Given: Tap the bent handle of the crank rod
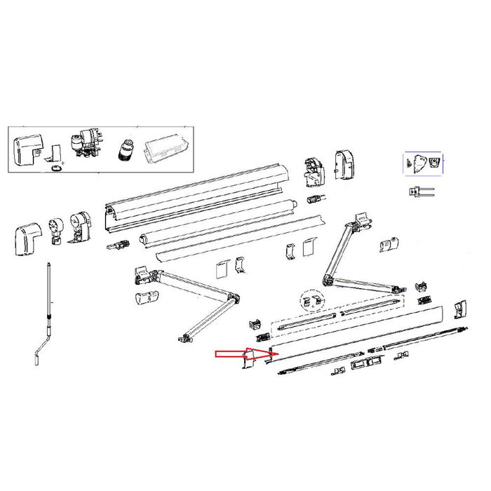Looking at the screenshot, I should (39, 354).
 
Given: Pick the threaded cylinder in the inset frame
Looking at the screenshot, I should (128, 150).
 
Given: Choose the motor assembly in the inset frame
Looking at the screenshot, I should (86, 145).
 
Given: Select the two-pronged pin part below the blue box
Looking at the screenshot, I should (420, 191).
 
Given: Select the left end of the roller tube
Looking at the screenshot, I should (146, 238).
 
